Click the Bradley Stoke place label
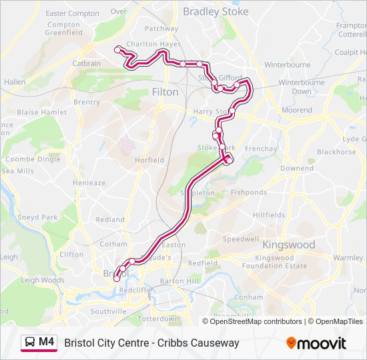(215, 11)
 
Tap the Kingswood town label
(288, 245)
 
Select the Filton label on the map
(165, 92)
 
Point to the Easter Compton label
(72, 13)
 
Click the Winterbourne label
(287, 65)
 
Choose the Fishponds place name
(248, 192)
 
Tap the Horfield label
(149, 160)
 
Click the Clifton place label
(71, 255)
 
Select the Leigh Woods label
(43, 280)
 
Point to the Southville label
(108, 311)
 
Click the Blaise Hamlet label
(42, 113)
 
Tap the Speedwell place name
(240, 239)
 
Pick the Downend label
(296, 168)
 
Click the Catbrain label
(87, 64)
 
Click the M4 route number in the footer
(46, 342)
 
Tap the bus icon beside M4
(30, 343)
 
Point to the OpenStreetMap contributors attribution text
(256, 321)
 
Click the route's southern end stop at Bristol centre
(117, 279)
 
